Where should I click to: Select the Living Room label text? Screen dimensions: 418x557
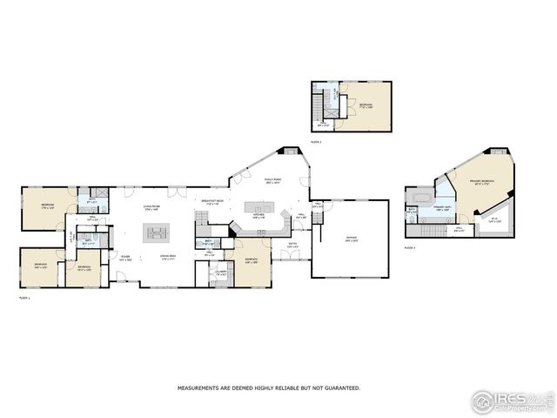pos(151,208)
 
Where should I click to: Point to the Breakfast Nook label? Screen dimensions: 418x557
pos(213,202)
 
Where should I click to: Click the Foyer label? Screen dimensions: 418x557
pos(126,258)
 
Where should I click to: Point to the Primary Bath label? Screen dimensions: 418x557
pos(442,208)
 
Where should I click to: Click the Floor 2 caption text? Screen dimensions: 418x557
pos(316,141)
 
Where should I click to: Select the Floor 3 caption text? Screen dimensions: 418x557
pos(409,248)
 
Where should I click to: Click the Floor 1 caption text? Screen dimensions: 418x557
pos(24,299)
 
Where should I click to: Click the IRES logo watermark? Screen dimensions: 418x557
pos(511,401)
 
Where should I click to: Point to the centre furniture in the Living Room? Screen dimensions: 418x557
pos(158,233)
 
